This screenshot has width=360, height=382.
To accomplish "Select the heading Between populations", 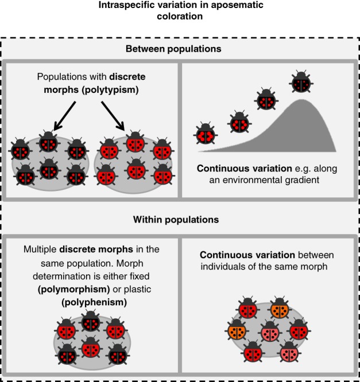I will pyautogui.click(x=180, y=49).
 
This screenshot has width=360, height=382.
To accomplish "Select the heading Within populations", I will pyautogui.click(x=180, y=219).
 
